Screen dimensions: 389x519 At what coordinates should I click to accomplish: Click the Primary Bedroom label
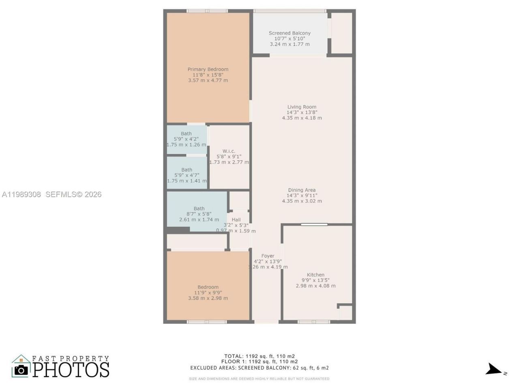208,69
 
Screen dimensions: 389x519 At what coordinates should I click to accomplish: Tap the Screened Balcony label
290,33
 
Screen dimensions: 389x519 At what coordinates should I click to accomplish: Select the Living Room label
302,107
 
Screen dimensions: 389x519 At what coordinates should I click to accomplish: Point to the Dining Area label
302,190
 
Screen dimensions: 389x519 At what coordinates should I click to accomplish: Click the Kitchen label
315,275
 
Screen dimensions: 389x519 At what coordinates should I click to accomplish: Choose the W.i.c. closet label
229,151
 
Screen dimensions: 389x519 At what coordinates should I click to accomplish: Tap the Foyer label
268,256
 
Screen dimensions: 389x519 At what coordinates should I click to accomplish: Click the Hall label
236,220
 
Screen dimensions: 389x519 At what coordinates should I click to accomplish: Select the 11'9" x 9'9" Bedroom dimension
208,293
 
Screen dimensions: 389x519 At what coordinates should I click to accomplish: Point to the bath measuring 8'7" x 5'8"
199,214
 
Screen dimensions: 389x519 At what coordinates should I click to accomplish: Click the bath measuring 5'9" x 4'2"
186,139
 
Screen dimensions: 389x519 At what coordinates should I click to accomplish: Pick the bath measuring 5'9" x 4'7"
187,175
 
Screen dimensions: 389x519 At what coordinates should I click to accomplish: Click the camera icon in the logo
21,369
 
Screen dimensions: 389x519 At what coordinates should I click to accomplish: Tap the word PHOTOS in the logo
71,370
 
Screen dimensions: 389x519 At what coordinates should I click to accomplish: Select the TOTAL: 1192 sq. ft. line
259,356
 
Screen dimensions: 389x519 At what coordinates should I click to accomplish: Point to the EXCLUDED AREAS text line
259,368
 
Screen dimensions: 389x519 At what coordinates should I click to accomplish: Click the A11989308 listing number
21,194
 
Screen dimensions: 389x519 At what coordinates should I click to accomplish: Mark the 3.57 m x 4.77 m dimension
208,80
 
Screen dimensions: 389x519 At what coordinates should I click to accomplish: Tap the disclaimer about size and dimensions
259,379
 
